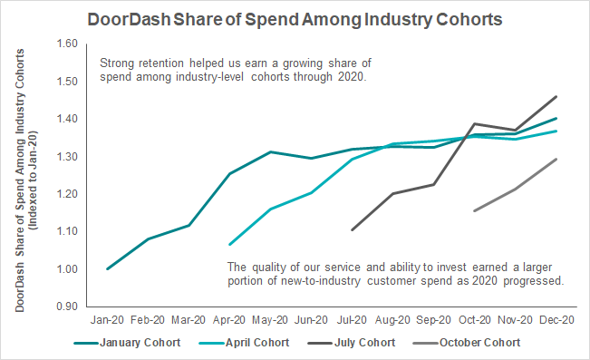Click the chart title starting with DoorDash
click(x=295, y=20)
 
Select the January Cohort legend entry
click(x=127, y=343)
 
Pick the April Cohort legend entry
click(x=244, y=343)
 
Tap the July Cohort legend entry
click(x=352, y=343)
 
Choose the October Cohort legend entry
click(x=467, y=343)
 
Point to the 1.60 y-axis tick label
click(x=67, y=44)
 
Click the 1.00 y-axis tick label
click(x=67, y=269)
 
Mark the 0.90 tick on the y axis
click(x=67, y=306)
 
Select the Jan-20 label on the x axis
click(x=107, y=320)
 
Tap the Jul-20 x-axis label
click(x=352, y=320)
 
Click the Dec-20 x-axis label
click(x=556, y=320)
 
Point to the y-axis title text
click(x=25, y=180)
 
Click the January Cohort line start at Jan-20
click(x=107, y=269)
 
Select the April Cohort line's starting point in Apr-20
click(x=229, y=245)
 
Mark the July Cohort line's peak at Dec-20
click(x=556, y=97)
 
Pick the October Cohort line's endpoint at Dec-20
click(x=556, y=159)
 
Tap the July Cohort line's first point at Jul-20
click(x=352, y=229)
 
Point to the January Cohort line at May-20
click(x=270, y=151)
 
